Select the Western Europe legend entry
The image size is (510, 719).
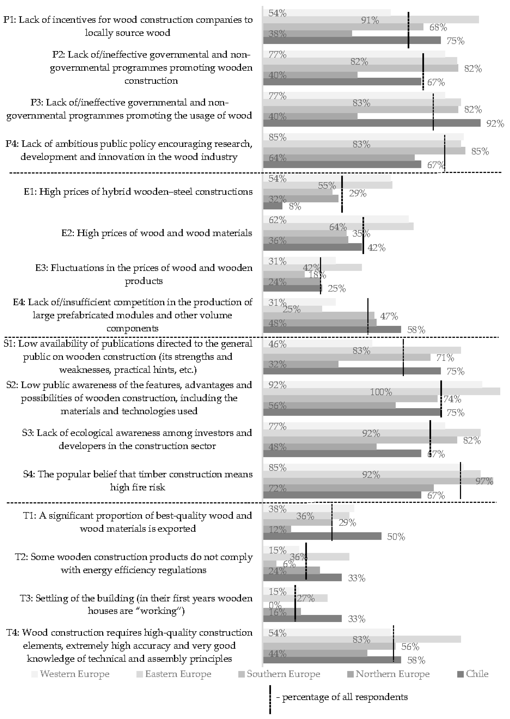pos(71,674)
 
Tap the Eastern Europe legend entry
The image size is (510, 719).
pos(174,674)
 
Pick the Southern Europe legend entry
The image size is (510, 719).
pos(279,674)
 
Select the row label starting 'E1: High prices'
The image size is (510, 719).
pos(138,192)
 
